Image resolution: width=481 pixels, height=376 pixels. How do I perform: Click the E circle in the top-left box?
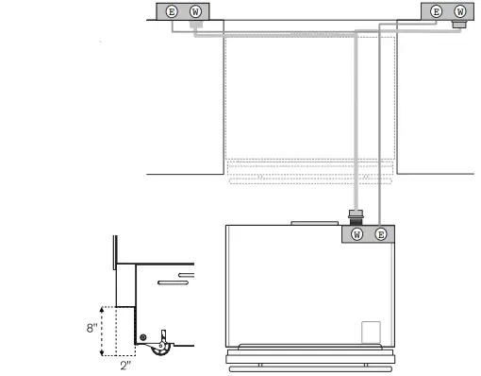click(171, 10)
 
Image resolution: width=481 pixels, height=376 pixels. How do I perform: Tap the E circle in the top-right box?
click(436, 10)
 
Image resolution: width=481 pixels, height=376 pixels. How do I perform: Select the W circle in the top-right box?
click(460, 10)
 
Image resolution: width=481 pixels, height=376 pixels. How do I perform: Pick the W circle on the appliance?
click(357, 233)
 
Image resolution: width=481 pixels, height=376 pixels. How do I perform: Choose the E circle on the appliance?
click(380, 233)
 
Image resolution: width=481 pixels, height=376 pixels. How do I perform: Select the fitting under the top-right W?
click(458, 24)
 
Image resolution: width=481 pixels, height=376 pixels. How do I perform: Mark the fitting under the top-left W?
click(196, 25)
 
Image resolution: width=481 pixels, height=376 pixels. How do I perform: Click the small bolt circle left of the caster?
click(142, 337)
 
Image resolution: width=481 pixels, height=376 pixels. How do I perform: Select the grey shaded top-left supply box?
click(183, 10)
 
